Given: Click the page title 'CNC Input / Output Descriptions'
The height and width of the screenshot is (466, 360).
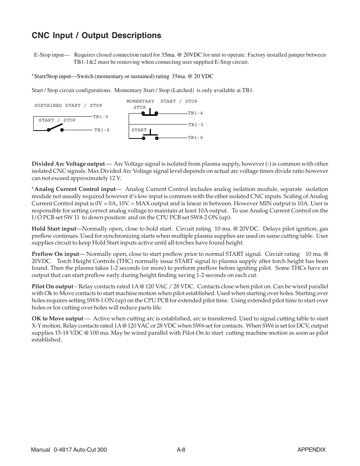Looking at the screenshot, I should click(96, 35).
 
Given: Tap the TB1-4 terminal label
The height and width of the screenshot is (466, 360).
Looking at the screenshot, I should click(195, 113).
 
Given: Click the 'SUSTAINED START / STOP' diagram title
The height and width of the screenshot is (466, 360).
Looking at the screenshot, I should click(68, 106).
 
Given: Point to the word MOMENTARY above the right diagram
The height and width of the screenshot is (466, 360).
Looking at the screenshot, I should click(140, 102).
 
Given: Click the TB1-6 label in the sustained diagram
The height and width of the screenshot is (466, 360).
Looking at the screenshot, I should click(102, 130).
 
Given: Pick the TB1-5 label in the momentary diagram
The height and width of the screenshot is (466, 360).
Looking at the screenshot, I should click(196, 125).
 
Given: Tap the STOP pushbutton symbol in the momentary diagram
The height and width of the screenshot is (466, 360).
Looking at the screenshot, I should click(150, 112).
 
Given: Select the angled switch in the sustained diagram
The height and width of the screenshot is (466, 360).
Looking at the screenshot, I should click(55, 128).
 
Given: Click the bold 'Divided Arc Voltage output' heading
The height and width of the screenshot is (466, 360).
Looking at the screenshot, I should click(68, 164).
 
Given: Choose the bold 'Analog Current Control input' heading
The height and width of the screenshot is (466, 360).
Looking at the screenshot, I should click(75, 189).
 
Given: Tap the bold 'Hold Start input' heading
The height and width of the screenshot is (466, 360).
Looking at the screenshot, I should click(54, 229).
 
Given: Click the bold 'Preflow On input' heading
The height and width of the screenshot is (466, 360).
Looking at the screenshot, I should click(55, 254).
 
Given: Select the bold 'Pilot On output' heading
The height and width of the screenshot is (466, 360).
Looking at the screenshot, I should click(52, 287).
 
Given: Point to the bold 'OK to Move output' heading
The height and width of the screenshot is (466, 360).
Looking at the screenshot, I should click(57, 319).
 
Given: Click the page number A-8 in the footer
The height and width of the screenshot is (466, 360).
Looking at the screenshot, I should click(181, 450).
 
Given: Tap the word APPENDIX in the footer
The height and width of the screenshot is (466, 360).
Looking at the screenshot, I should click(311, 450).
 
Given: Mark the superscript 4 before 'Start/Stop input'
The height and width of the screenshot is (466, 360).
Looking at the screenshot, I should click(33, 75).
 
